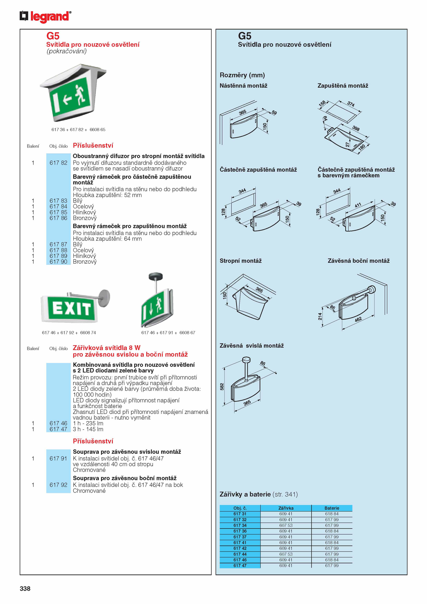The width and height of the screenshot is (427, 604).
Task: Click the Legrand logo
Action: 45,17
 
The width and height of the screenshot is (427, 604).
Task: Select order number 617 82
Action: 58,163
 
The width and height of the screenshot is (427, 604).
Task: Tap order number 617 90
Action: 58,262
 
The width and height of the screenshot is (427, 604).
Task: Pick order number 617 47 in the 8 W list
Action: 58,429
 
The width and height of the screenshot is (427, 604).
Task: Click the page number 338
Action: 25,589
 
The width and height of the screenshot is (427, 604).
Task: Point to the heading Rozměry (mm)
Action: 242,75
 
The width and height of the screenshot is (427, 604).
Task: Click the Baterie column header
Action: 332,508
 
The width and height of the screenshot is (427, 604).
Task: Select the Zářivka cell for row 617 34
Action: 286,525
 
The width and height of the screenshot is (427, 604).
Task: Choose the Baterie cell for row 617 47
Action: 332,566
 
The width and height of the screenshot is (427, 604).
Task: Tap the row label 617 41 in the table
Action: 240,543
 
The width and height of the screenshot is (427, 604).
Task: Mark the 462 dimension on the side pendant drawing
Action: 358,319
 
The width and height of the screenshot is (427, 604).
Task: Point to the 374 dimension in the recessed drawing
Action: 351,104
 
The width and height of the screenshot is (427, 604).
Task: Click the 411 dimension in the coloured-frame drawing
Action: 358,205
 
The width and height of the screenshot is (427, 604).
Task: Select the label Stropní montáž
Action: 240,261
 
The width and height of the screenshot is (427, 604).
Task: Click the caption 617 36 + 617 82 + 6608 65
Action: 78,130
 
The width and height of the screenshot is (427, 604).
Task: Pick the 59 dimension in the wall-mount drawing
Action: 274,113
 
